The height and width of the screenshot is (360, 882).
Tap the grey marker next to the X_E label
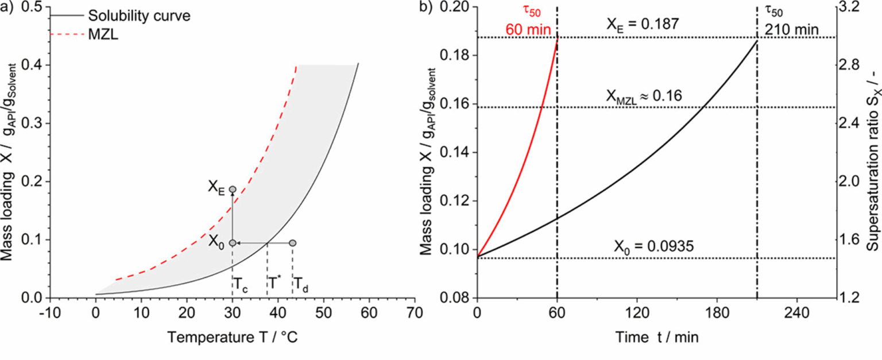pos(233,189)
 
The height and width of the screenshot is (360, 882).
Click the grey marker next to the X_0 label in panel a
pos(233,243)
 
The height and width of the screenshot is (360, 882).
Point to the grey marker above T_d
pos(292,243)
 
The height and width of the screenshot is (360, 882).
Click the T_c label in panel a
pos(240,283)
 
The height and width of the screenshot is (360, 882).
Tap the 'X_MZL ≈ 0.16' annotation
pos(644,95)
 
